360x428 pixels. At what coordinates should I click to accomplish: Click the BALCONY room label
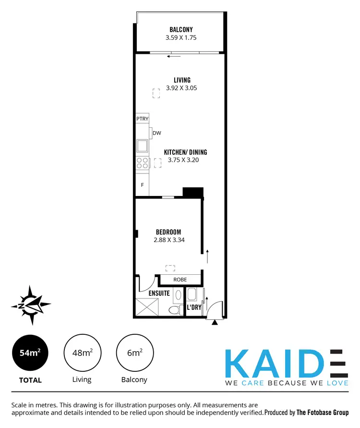point(181,29)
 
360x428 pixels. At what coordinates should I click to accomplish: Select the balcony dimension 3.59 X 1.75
point(181,37)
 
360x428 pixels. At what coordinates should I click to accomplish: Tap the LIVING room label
point(181,80)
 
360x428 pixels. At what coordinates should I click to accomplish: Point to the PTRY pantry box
point(142,119)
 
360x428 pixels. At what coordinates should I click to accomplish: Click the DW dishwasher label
point(156,134)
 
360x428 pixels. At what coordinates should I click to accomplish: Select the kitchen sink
point(142,145)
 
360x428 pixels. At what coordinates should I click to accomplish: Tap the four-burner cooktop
point(142,163)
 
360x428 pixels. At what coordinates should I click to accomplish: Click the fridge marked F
point(142,184)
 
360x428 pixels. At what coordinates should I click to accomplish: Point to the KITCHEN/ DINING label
point(185,152)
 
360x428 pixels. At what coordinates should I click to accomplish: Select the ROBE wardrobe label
point(180,280)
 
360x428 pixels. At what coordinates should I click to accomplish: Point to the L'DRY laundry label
point(194,307)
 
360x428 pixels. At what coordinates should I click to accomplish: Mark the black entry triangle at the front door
point(215,322)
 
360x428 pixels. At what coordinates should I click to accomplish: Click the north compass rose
point(31,305)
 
